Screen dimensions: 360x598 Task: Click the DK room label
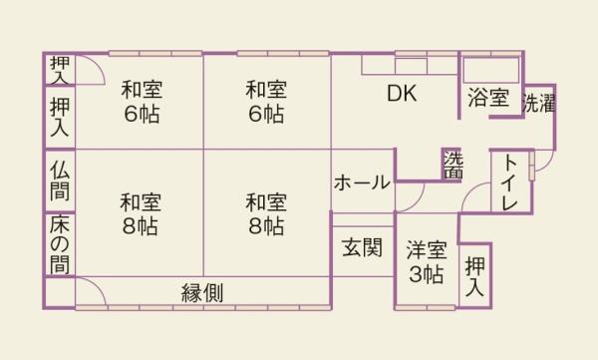click(401, 95)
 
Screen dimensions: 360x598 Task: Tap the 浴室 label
click(488, 100)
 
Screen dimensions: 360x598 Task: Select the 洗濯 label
click(538, 103)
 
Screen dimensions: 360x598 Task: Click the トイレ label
click(510, 182)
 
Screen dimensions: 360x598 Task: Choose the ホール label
click(362, 182)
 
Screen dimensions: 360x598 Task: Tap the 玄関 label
click(362, 247)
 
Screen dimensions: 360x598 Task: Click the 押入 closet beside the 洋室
click(475, 276)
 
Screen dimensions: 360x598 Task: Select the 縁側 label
click(201, 293)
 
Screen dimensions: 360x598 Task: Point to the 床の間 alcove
click(59, 243)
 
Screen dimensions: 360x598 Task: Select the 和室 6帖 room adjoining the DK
click(266, 101)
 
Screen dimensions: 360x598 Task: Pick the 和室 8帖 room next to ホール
click(266, 212)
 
